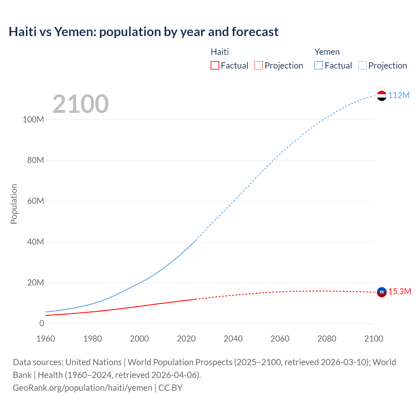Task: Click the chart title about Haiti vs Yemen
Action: [143, 32]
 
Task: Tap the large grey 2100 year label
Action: [80, 104]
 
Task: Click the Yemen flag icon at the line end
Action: [382, 95]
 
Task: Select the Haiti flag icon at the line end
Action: [382, 292]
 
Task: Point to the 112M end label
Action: [399, 95]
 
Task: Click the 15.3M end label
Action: [400, 291]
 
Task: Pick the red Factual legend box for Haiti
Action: [215, 65]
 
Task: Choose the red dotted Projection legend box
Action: [259, 65]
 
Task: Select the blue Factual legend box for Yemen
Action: [319, 65]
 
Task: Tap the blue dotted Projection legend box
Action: [363, 65]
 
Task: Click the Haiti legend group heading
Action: [220, 52]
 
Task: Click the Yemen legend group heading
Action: [327, 52]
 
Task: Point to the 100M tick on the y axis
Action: [33, 119]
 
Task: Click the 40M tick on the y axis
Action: [35, 242]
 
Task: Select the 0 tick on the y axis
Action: [41, 323]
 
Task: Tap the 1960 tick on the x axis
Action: [46, 339]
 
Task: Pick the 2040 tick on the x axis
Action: [233, 339]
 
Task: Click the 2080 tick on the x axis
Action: [327, 339]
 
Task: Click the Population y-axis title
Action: [14, 204]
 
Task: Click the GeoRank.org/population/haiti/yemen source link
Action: [82, 388]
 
